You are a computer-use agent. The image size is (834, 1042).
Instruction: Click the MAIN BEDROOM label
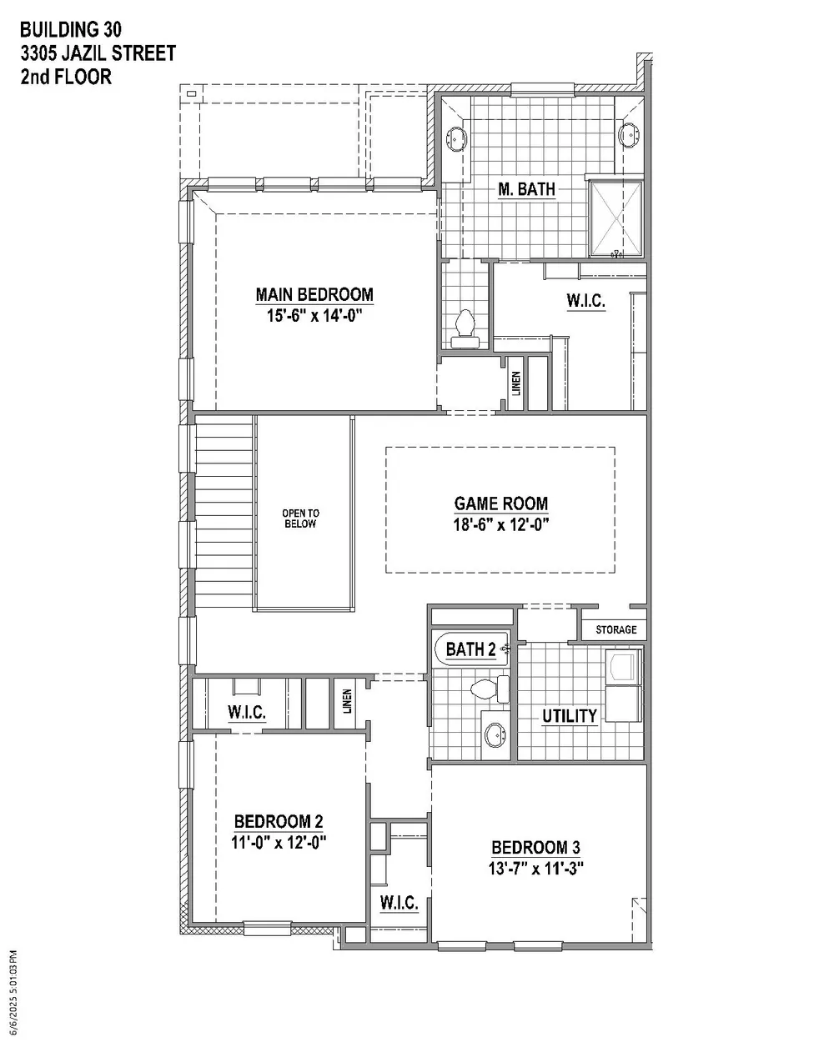pos(314,294)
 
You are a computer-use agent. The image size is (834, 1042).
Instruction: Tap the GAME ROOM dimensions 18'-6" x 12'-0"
pos(501,524)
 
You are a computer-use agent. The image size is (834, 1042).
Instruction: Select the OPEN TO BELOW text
pos(300,518)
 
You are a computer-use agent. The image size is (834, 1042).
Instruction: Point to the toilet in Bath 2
pos(490,689)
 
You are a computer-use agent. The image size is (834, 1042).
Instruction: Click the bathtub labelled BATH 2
pos(470,649)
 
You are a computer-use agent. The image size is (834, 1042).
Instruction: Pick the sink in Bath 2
pos(495,735)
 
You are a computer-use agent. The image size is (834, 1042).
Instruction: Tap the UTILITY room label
pos(570,716)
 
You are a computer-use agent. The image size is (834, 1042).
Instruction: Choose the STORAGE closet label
pos(616,629)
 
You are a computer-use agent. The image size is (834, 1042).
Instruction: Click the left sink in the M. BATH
pos(456,138)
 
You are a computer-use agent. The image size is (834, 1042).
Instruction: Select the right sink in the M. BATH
pos(629,134)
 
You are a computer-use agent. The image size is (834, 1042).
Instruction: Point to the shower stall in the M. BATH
pos(616,219)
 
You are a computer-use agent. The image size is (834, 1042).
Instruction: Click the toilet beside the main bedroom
pos(466,328)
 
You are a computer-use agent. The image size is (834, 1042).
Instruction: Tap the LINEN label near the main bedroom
pos(516,383)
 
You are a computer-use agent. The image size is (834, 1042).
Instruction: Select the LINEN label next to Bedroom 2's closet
pos(347,701)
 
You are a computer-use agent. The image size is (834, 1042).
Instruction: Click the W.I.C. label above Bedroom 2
pos(247,712)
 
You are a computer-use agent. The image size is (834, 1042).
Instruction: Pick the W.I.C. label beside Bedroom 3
pos(399,903)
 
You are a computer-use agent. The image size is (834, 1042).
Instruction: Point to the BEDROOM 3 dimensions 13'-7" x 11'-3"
pos(535,869)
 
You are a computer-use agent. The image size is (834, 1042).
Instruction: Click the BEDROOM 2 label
pos(279,822)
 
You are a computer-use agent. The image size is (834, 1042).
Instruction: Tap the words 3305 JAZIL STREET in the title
pos(98,53)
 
